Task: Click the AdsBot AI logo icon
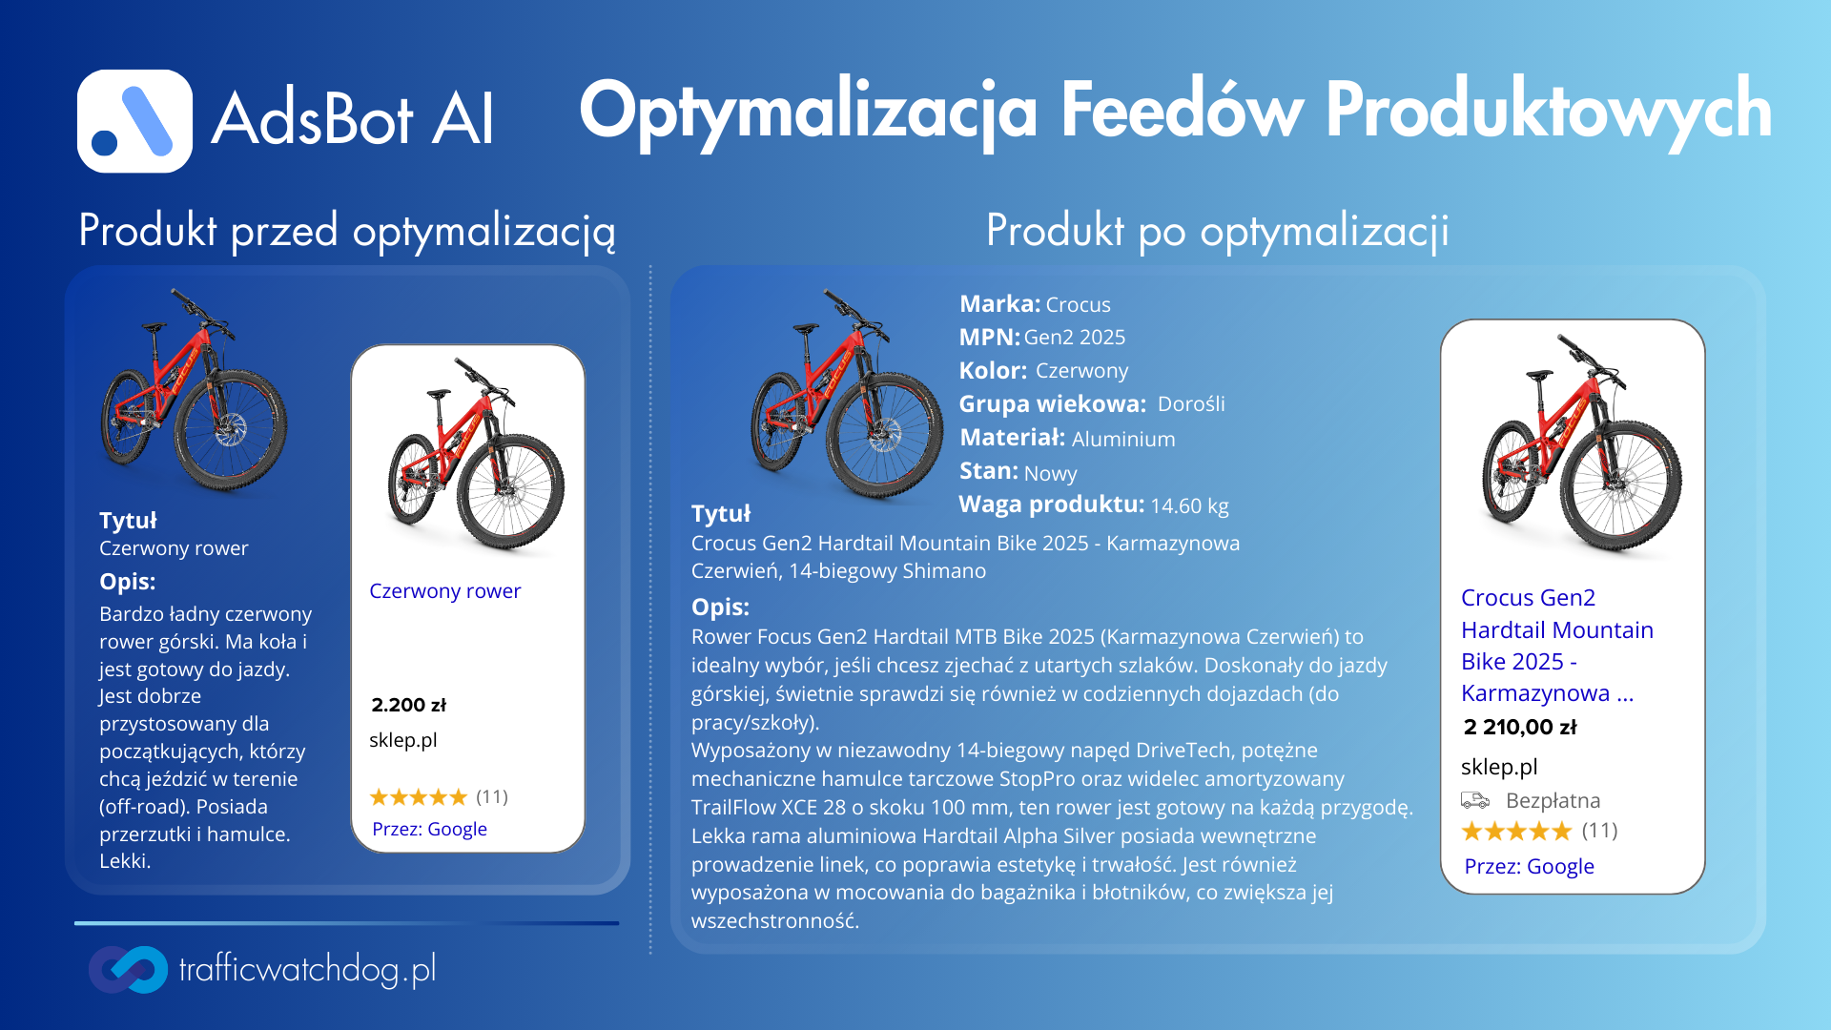[x=134, y=121]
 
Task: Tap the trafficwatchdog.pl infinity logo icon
[x=128, y=969]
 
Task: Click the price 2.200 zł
[x=408, y=705]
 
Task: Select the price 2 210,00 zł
[x=1520, y=727]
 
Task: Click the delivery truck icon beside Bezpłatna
[x=1475, y=800]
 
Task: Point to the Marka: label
[x=999, y=304]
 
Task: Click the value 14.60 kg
[x=1189, y=505]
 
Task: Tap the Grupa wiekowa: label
[x=1053, y=404]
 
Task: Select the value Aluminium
[x=1123, y=439]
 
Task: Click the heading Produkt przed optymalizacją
[x=347, y=232]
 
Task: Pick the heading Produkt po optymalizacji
[x=1218, y=232]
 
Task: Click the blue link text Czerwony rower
[x=445, y=591]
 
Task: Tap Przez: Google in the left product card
[x=429, y=829]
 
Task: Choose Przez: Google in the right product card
[x=1530, y=866]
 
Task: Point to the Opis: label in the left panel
[x=128, y=582]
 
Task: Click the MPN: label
[x=990, y=338]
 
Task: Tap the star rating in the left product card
[x=419, y=796]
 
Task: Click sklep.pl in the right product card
[x=1499, y=767]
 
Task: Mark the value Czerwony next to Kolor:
[x=1081, y=371]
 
